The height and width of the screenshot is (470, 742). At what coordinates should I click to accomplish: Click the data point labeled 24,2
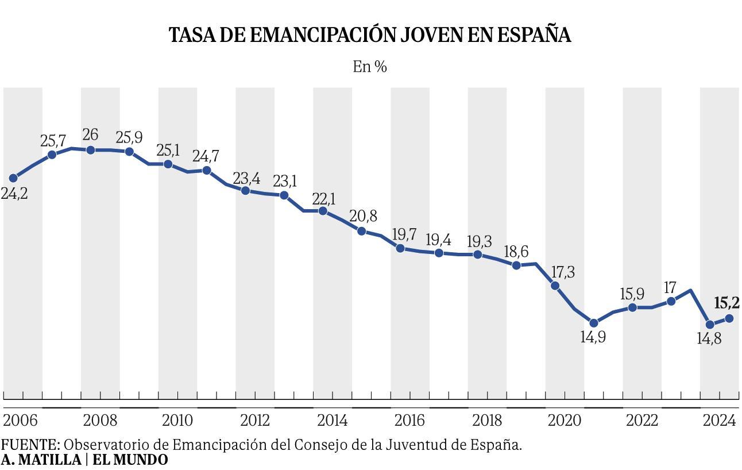pyautogui.click(x=13, y=178)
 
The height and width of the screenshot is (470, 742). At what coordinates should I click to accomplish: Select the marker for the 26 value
pyautogui.click(x=91, y=150)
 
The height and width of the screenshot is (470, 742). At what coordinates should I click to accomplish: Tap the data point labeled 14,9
pyautogui.click(x=594, y=323)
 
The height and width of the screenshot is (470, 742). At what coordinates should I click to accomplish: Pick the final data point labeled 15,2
pyautogui.click(x=729, y=318)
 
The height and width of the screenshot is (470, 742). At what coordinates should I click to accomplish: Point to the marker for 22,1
pyautogui.click(x=323, y=211)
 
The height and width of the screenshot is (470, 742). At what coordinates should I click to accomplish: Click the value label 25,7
pyautogui.click(x=53, y=140)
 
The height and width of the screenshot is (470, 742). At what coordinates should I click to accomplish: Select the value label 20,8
pyautogui.click(x=364, y=217)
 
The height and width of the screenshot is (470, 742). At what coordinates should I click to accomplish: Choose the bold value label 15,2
pyautogui.click(x=726, y=303)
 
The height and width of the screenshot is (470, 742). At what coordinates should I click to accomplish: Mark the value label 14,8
pyautogui.click(x=709, y=339)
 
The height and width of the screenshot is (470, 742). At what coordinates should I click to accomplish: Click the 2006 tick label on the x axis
pyautogui.click(x=20, y=421)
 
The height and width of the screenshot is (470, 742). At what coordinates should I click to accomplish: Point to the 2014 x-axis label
pyautogui.click(x=332, y=421)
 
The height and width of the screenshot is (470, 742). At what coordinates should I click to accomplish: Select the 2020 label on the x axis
pyautogui.click(x=565, y=421)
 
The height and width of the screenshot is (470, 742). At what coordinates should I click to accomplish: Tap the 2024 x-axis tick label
pyautogui.click(x=720, y=421)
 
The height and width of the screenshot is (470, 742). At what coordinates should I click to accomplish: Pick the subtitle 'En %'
pyautogui.click(x=370, y=67)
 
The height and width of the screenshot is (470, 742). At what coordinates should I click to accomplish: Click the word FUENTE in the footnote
pyautogui.click(x=29, y=445)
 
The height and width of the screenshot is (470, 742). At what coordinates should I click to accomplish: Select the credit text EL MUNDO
pyautogui.click(x=130, y=460)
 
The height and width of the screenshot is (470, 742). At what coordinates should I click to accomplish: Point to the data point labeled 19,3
pyautogui.click(x=478, y=255)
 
